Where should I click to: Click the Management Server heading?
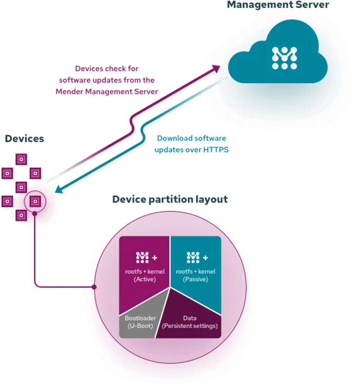(x=278, y=5)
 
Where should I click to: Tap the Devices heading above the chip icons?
(x=25, y=138)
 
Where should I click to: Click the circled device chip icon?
(x=35, y=201)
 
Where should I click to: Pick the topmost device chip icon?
(x=21, y=159)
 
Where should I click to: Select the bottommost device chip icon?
(x=21, y=215)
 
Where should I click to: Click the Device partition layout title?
(x=170, y=200)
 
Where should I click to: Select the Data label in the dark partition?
(x=190, y=318)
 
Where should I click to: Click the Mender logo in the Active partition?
(x=142, y=257)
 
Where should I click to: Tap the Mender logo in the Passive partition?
(x=193, y=257)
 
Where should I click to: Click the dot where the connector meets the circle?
(x=94, y=287)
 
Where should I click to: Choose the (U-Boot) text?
(x=140, y=326)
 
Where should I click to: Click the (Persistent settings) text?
(x=190, y=326)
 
